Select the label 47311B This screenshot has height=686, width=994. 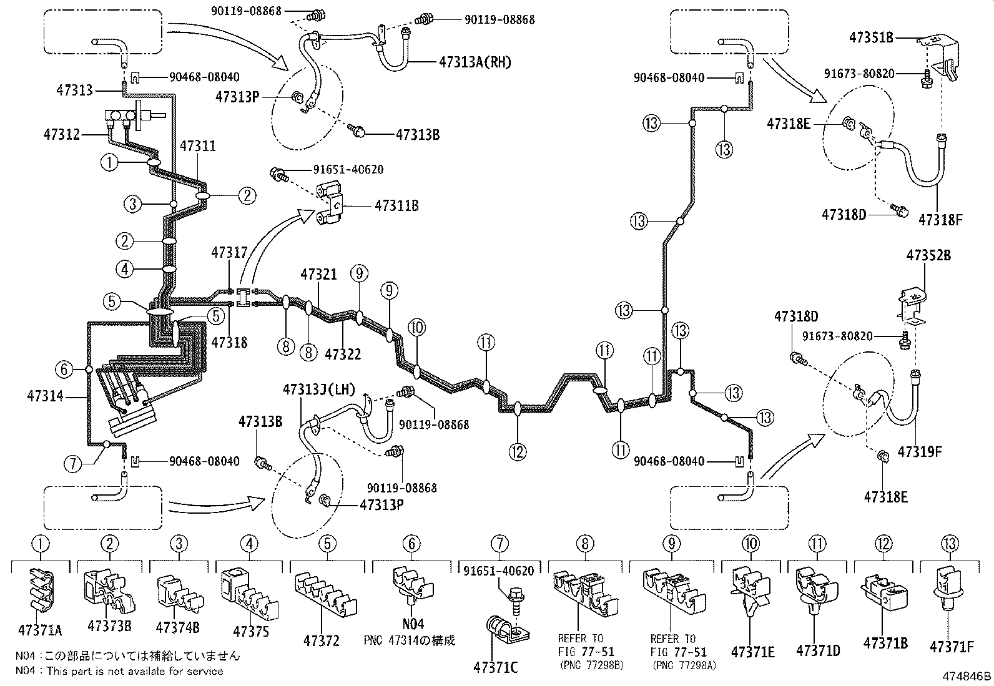tap(396, 204)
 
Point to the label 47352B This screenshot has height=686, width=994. tap(928, 255)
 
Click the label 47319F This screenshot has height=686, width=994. tap(919, 451)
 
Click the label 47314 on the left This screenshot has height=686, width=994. tap(45, 396)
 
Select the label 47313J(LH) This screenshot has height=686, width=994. tap(318, 390)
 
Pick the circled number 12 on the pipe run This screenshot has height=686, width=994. tap(518, 451)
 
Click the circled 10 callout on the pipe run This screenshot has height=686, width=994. tap(417, 327)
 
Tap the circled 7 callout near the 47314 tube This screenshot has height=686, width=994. tap(72, 463)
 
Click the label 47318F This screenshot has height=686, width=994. tap(941, 220)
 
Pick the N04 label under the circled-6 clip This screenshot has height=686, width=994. tap(413, 624)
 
